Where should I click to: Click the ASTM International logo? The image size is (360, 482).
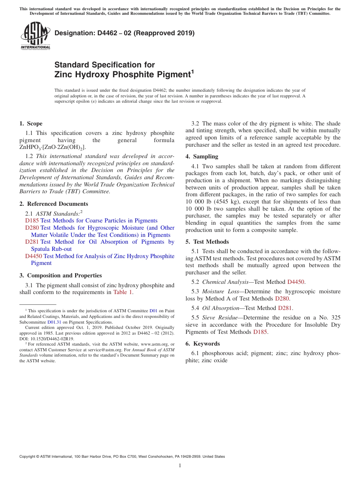35,36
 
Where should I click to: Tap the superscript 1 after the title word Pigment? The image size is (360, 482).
193,71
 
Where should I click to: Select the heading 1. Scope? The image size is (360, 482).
31,124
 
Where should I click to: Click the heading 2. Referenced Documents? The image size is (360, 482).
54,204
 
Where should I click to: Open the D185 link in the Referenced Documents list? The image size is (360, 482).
32,221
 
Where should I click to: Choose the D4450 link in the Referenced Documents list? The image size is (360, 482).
33,256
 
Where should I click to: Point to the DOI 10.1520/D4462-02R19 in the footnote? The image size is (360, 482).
47,339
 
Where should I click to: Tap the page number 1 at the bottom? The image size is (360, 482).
180,466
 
